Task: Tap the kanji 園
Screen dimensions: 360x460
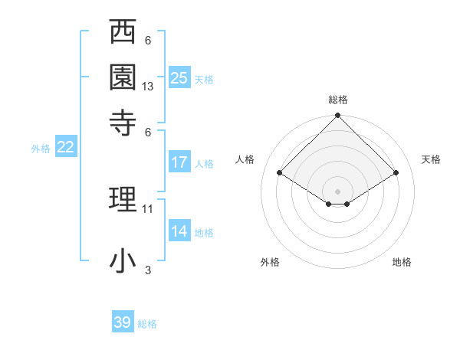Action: [123, 77]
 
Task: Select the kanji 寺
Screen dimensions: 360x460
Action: [123, 120]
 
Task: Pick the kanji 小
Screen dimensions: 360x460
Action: [123, 260]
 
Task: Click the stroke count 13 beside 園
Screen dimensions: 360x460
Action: [148, 87]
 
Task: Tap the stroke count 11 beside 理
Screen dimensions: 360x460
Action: [148, 208]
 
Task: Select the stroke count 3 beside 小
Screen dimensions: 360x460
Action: [148, 270]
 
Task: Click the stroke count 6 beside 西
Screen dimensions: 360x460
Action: [148, 41]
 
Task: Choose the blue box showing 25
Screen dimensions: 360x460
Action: [179, 77]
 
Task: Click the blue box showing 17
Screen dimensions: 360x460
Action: [179, 162]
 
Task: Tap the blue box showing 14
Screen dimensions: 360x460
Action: [179, 231]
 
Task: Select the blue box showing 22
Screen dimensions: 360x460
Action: [66, 148]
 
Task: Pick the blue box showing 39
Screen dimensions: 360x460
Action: [123, 322]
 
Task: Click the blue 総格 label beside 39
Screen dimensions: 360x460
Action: [147, 324]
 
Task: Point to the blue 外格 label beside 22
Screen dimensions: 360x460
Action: [41, 149]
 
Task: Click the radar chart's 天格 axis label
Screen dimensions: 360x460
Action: [431, 159]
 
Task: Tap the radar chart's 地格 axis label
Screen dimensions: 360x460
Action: [402, 263]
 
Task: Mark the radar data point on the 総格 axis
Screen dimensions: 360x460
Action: [337, 116]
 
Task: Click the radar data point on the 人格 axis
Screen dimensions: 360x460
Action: [280, 173]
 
